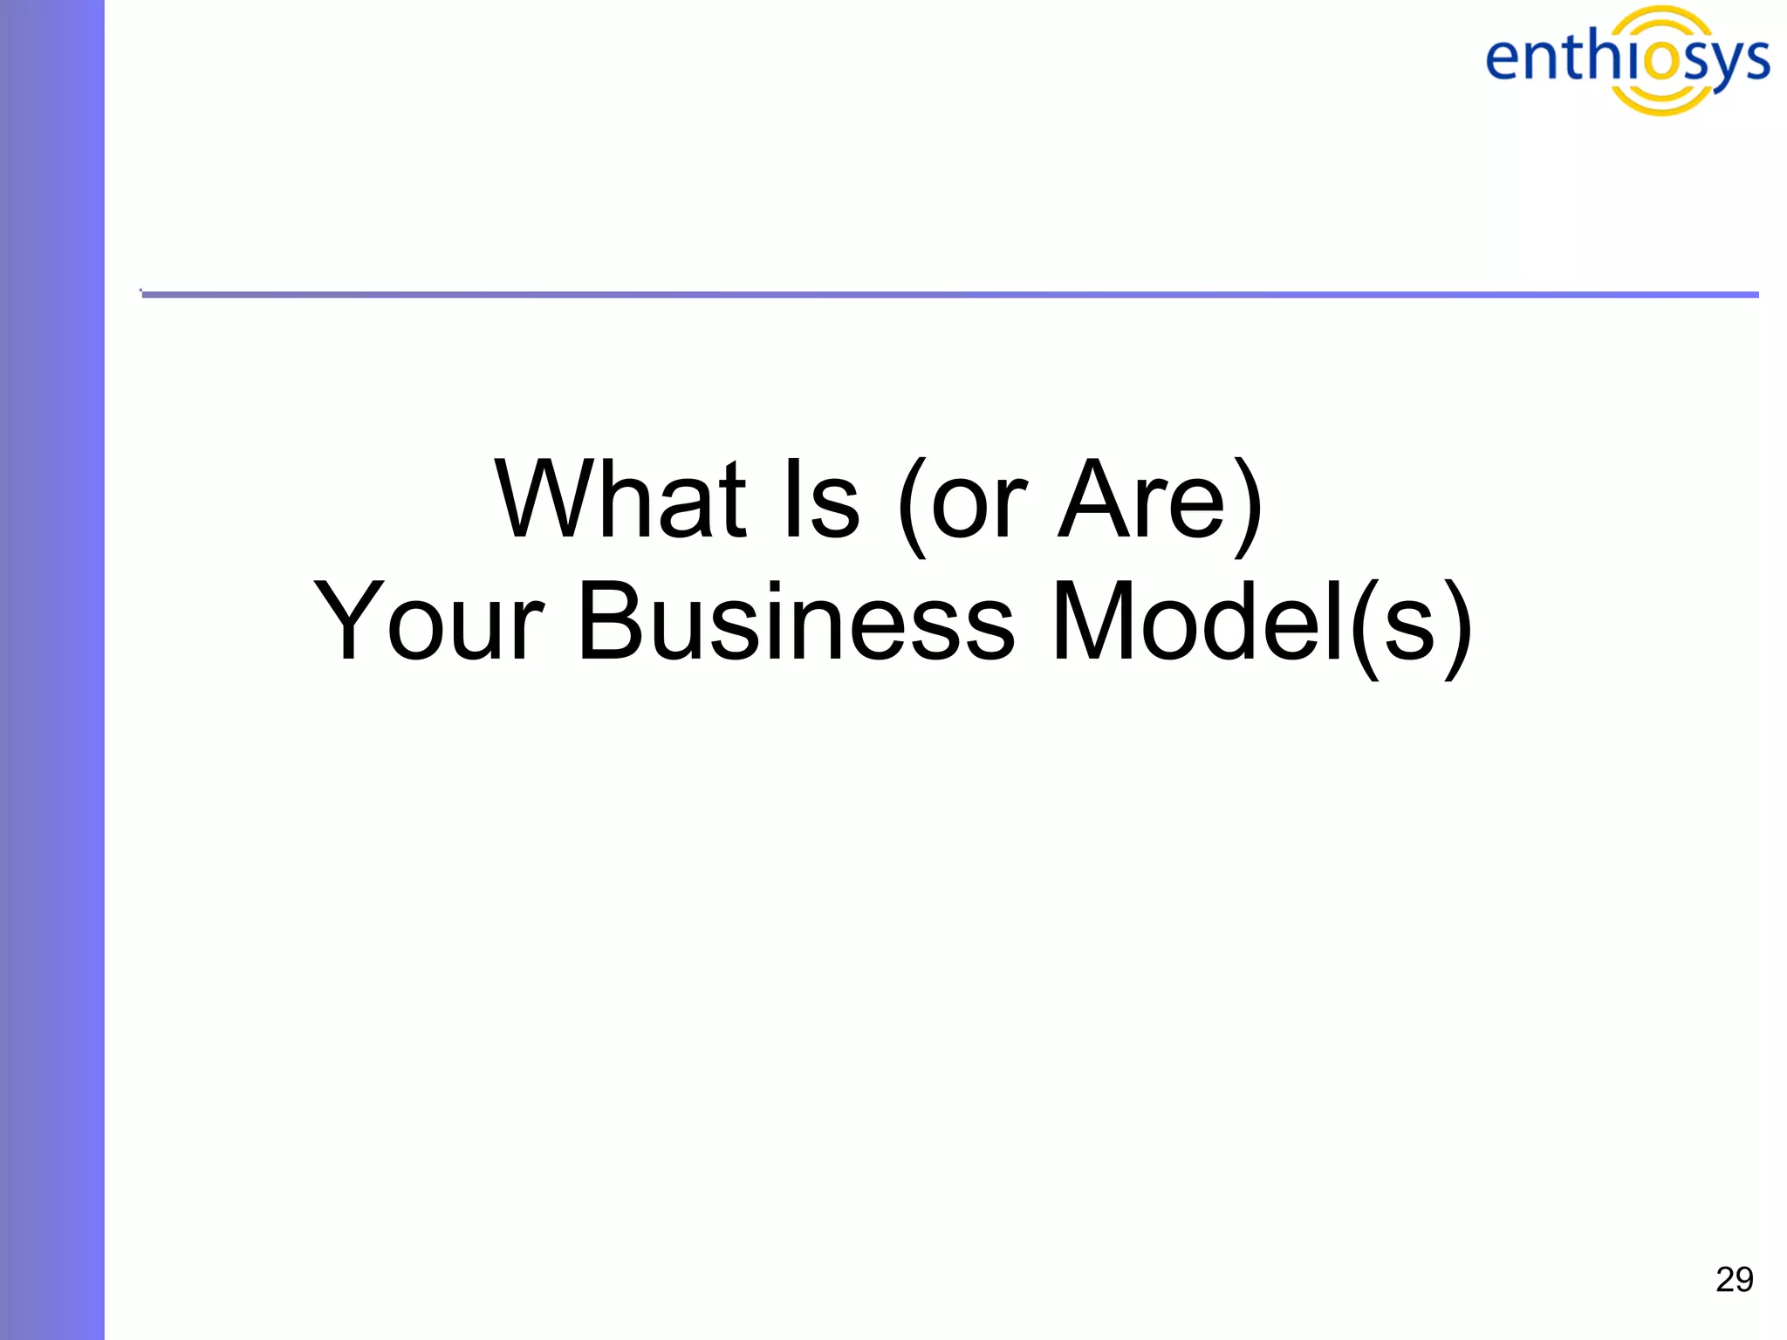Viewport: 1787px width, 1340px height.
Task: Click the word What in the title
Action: tap(620, 500)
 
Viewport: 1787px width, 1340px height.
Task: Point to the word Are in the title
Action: tap(1142, 500)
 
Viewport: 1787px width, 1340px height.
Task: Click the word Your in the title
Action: tap(428, 622)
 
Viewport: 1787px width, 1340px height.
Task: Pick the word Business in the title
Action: tap(796, 622)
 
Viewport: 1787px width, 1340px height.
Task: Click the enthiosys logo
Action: tap(1627, 59)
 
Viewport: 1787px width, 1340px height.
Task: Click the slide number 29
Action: tap(1734, 1280)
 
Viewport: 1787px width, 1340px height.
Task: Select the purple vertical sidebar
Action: tap(51, 670)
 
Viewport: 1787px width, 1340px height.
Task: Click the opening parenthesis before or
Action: tap(911, 506)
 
